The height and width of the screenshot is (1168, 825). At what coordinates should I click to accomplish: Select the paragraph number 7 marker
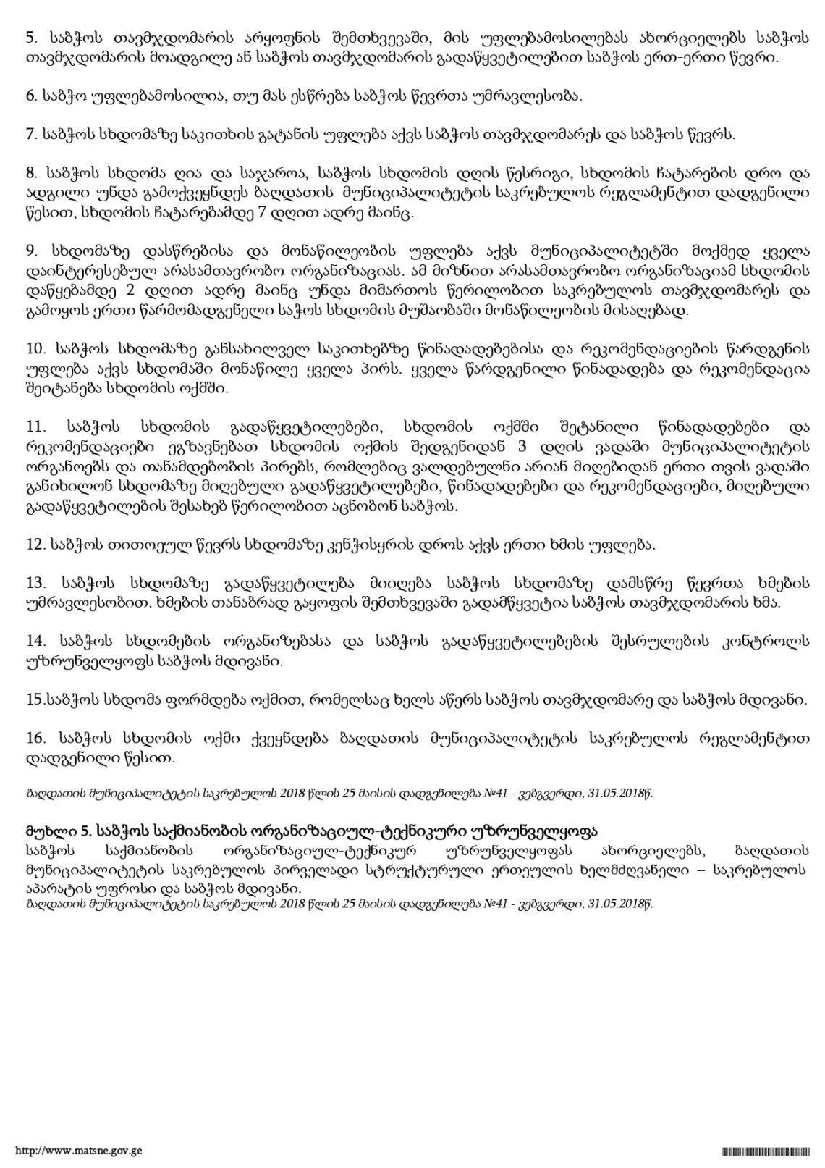pos(30,134)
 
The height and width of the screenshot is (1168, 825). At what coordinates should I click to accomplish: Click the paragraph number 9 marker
pos(30,251)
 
